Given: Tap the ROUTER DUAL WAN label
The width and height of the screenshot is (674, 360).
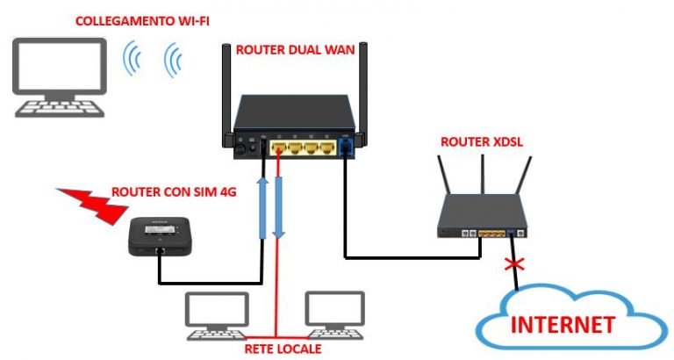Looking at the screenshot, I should [x=295, y=50].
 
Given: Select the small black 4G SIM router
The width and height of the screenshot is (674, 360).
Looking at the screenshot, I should [x=158, y=236].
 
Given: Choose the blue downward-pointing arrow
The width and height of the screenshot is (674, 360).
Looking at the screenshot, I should [x=279, y=206].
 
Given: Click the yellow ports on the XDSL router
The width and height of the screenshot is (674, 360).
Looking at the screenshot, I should [x=491, y=234].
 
